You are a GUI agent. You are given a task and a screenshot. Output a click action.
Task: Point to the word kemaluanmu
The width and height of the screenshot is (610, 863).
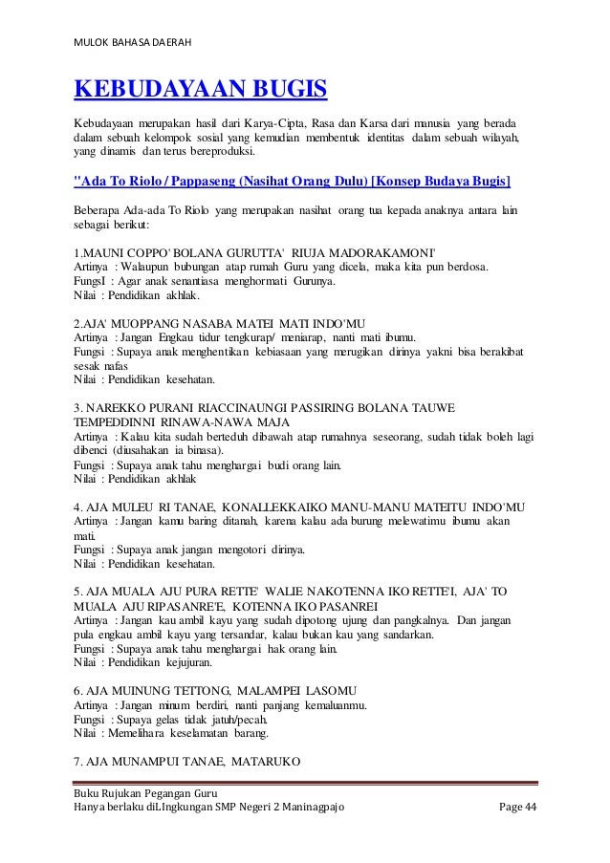tap(326, 705)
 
